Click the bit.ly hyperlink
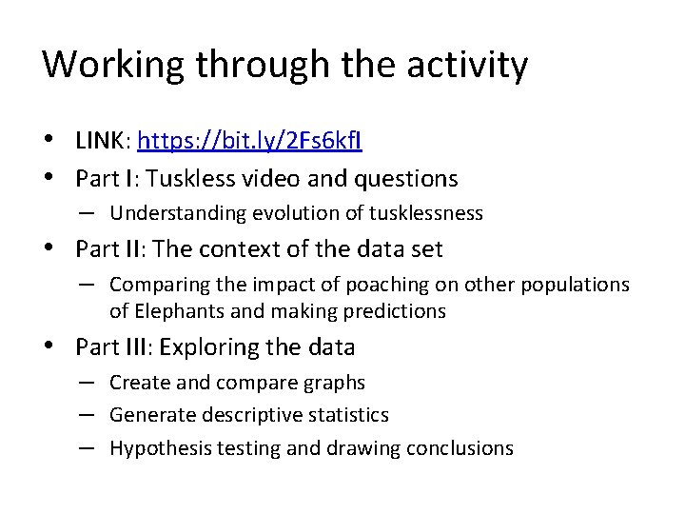coord(249,143)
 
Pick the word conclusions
coord(463,448)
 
